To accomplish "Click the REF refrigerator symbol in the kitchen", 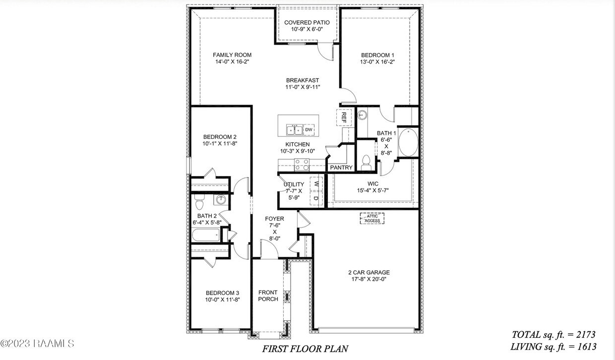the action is pos(344,118).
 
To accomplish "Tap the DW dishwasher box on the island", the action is pos(309,129).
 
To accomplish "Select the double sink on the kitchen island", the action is pos(294,130).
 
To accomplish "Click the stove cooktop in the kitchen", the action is pos(302,165).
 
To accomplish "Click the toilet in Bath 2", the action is pos(198,203).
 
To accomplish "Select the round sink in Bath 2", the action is pos(221,200).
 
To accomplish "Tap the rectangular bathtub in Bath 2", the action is pos(206,236).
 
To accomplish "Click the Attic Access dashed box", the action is pos(372,219).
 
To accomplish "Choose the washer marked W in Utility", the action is pos(316,184).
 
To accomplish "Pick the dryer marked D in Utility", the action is pos(316,198).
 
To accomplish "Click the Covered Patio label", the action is pos(307,22).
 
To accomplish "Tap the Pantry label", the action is pos(341,168).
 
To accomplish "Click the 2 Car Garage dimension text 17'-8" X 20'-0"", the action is pos(369,279).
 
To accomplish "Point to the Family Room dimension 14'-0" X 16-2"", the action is pos(232,62).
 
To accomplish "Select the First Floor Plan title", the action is pos(305,349).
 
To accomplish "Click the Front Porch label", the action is pos(268,296).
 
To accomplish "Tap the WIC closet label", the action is pos(373,183).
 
